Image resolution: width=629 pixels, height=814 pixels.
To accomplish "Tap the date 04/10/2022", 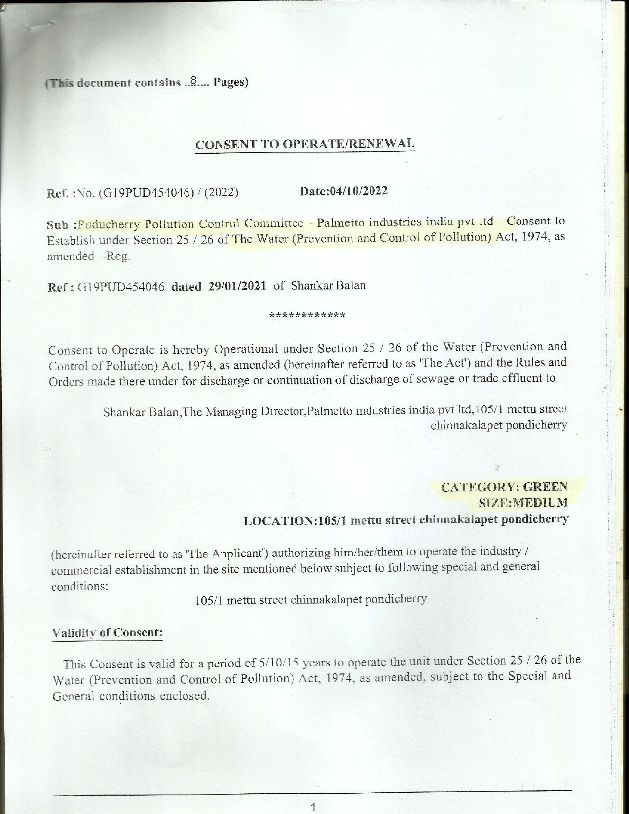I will (357, 191).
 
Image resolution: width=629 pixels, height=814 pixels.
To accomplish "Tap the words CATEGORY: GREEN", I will (504, 487).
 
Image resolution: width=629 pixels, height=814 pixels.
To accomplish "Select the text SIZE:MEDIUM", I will (523, 503).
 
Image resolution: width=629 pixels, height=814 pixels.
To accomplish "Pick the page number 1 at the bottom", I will (313, 808).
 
